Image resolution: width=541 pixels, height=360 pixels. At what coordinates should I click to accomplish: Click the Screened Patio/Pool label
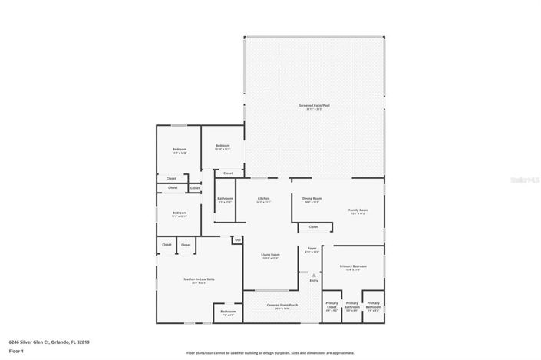(314, 106)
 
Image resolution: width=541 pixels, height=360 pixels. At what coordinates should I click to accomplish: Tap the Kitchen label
(263, 199)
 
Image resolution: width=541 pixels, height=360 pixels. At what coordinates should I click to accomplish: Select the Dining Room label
(312, 199)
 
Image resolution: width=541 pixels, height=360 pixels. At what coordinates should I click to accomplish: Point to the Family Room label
(358, 210)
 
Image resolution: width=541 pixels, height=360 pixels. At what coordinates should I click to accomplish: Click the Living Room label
(270, 255)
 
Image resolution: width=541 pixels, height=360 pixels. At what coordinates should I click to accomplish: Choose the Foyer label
(312, 249)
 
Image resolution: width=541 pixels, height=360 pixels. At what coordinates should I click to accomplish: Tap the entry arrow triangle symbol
(313, 274)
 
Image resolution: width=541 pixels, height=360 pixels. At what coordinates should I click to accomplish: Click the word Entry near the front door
(313, 280)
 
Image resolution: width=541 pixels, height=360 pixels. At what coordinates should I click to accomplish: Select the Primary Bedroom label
(353, 266)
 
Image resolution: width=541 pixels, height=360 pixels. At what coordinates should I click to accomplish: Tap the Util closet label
(238, 239)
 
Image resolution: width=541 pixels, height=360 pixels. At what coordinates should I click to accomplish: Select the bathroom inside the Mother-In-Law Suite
(229, 312)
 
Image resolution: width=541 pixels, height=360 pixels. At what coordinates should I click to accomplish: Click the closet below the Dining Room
(313, 226)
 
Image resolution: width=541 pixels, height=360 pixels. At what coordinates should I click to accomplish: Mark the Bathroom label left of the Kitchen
(225, 200)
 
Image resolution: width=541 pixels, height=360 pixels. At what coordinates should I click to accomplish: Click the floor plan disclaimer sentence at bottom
(270, 353)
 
